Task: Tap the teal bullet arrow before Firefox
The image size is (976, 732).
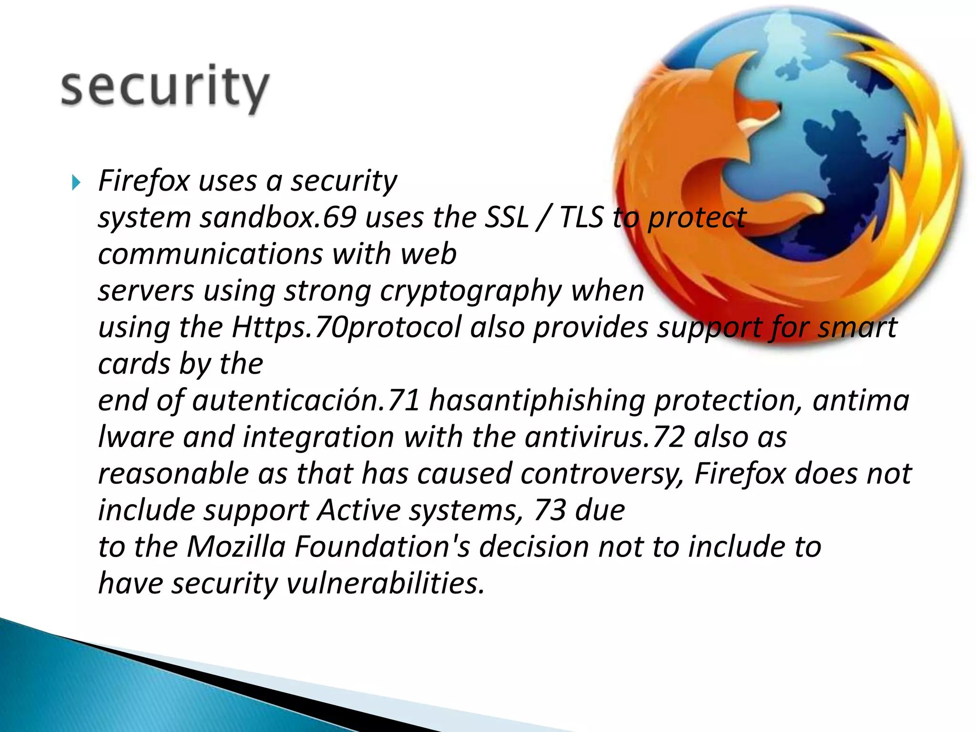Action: [x=76, y=182]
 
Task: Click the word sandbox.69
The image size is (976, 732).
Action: [x=278, y=218]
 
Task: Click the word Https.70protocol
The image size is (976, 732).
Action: [x=346, y=328]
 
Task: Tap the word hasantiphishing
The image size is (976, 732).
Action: [x=537, y=400]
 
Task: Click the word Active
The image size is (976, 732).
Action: [x=359, y=510]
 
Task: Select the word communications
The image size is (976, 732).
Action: [x=210, y=254]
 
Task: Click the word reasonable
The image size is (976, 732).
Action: [x=173, y=474]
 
